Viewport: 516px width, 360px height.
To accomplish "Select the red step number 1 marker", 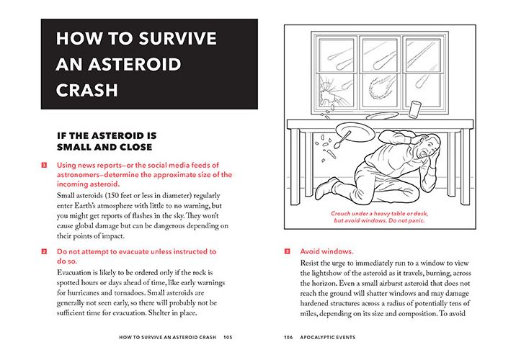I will (45, 165).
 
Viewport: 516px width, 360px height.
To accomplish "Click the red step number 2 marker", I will (45, 251).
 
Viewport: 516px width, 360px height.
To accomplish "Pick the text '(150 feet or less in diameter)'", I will (141, 197).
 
